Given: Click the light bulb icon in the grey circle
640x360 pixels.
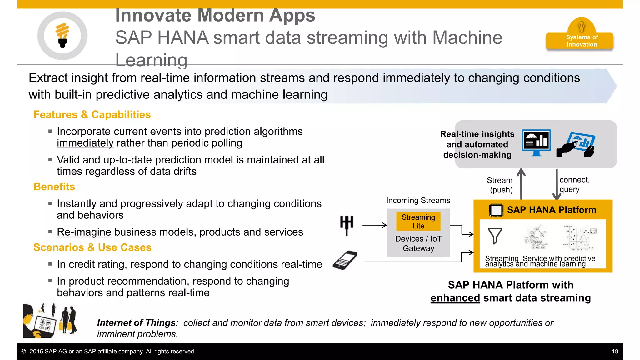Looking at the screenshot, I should click(x=62, y=35).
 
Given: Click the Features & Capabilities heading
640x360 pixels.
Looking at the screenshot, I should click(x=92, y=115).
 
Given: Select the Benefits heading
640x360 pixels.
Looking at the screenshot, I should click(x=54, y=187).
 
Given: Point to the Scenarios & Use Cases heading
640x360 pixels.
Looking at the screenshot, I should click(x=92, y=247).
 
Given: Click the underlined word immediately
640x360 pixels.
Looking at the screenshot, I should click(x=85, y=143).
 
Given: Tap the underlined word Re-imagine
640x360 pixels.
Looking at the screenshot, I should click(x=84, y=232).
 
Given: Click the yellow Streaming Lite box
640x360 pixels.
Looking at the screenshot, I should click(x=418, y=221).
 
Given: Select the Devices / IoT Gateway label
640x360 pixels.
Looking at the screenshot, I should click(x=418, y=243).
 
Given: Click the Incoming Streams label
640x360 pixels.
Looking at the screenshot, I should click(x=418, y=200).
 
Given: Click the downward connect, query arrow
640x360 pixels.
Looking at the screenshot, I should click(x=557, y=184).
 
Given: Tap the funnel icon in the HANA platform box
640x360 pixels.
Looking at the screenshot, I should click(x=495, y=236).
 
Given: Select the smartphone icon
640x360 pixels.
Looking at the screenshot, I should click(x=345, y=260).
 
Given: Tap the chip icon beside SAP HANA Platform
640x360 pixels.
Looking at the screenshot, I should click(x=496, y=210).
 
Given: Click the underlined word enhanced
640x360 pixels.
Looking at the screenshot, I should click(x=455, y=298).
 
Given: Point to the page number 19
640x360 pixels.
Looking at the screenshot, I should click(x=615, y=352).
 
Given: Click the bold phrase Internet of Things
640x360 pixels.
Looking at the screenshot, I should click(x=136, y=323).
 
